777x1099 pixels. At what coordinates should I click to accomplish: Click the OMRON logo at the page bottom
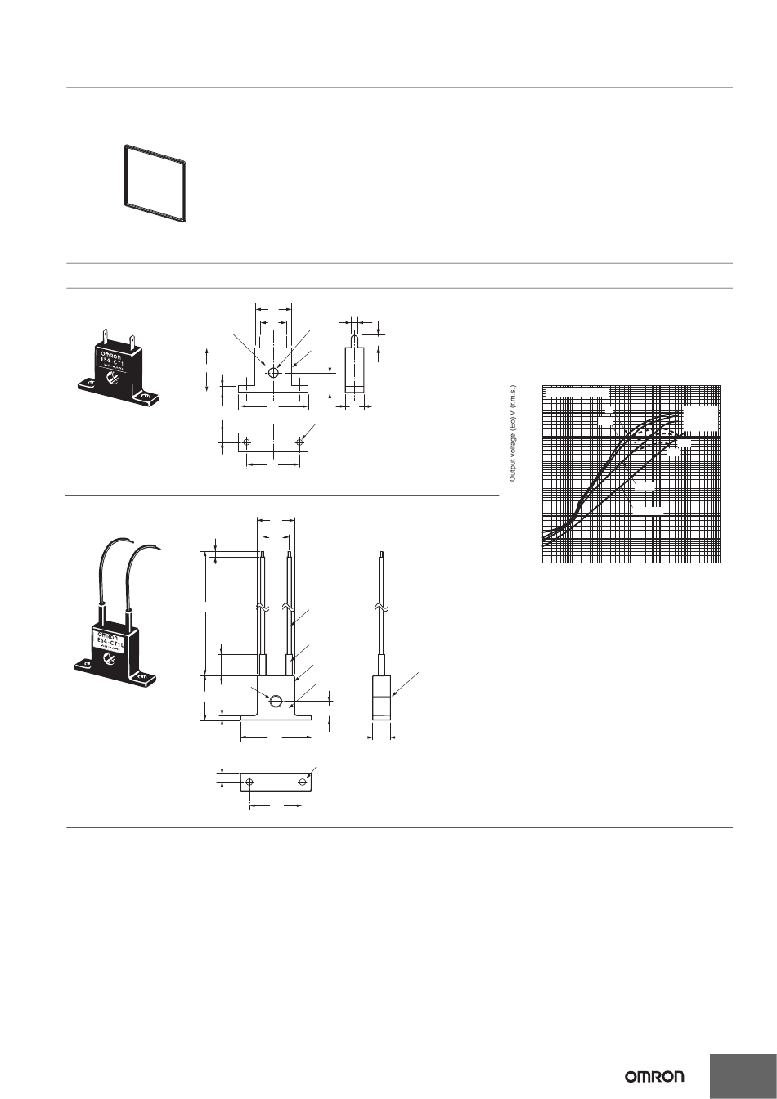click(655, 1076)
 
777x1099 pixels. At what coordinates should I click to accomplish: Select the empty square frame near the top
click(155, 184)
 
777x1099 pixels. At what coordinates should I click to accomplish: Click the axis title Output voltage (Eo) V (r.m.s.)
click(513, 433)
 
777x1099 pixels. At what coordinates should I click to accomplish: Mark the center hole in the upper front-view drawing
click(273, 373)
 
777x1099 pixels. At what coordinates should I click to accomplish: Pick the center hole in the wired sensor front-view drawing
click(276, 702)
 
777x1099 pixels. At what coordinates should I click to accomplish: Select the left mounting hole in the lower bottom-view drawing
click(249, 783)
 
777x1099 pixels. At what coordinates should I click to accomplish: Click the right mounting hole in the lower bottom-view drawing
click(303, 783)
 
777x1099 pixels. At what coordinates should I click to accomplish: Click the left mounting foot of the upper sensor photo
click(88, 384)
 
